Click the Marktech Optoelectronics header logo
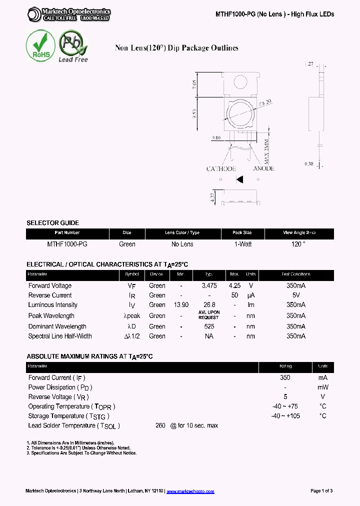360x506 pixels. point(69,14)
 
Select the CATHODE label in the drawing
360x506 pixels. point(221,169)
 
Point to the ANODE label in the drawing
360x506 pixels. point(263,168)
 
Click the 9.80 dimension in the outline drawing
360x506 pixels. point(216,137)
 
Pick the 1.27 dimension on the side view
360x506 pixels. point(308,64)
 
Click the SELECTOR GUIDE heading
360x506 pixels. point(52,223)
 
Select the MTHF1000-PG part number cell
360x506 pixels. point(67,244)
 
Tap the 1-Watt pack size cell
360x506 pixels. point(242,244)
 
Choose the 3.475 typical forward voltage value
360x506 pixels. point(209,286)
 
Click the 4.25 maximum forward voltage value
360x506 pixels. point(234,286)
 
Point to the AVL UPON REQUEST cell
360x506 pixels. point(208,315)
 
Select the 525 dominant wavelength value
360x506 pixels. point(209,326)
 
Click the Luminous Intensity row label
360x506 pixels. point(52,305)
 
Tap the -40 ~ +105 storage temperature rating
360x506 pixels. point(285,416)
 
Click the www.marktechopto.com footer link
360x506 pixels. point(190,491)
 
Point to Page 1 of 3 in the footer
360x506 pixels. point(321,491)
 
